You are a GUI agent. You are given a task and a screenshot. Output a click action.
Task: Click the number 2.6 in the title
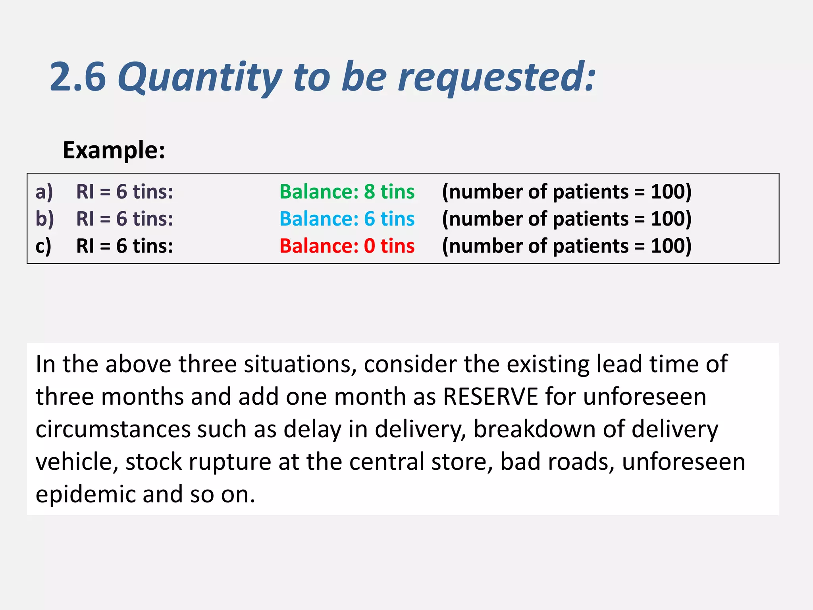pyautogui.click(x=78, y=77)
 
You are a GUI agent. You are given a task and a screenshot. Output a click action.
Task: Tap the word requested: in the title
pyautogui.click(x=496, y=77)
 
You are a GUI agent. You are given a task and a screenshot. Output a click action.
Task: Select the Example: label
pyautogui.click(x=114, y=150)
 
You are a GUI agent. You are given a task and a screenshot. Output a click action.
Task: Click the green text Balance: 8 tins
pyautogui.click(x=347, y=192)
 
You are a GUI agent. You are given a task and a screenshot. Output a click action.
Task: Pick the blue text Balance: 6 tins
pyautogui.click(x=347, y=219)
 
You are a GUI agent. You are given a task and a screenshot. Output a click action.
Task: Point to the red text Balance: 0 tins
pyautogui.click(x=347, y=246)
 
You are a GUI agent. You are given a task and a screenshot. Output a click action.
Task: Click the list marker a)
pyautogui.click(x=44, y=192)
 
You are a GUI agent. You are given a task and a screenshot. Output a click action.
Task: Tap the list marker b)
pyautogui.click(x=44, y=219)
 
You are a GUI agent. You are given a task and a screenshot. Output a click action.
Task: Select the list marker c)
pyautogui.click(x=44, y=246)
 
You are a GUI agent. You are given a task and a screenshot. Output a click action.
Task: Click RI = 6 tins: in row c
pyautogui.click(x=125, y=246)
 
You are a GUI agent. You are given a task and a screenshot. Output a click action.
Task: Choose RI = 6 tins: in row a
pyautogui.click(x=125, y=192)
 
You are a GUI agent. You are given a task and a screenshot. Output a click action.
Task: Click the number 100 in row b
pyautogui.click(x=667, y=219)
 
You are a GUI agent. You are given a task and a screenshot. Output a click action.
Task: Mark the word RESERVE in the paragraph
pyautogui.click(x=490, y=396)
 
